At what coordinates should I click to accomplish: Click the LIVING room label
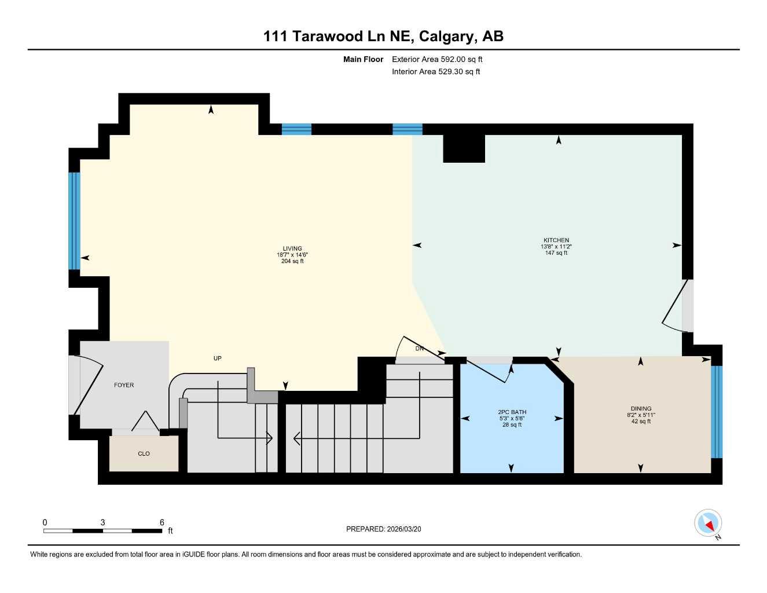pyautogui.click(x=292, y=248)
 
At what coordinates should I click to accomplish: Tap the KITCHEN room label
pyautogui.click(x=556, y=240)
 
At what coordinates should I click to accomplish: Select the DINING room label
pyautogui.click(x=641, y=408)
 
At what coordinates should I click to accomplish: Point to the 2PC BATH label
pyautogui.click(x=512, y=412)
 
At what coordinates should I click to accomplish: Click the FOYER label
pyautogui.click(x=124, y=385)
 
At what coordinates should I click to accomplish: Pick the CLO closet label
pyautogui.click(x=144, y=453)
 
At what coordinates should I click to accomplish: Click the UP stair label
pyautogui.click(x=218, y=358)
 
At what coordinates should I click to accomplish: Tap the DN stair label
pyautogui.click(x=420, y=349)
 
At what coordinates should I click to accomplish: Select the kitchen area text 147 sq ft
pyautogui.click(x=556, y=253)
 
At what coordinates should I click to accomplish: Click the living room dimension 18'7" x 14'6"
pyautogui.click(x=292, y=255)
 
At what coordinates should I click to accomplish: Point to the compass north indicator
pyautogui.click(x=708, y=523)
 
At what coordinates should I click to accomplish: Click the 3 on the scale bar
pyautogui.click(x=102, y=522)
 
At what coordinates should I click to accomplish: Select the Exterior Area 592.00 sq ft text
pyautogui.click(x=437, y=59)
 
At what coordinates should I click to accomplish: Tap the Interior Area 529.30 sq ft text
pyautogui.click(x=436, y=72)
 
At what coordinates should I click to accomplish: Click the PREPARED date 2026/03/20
pyautogui.click(x=387, y=529)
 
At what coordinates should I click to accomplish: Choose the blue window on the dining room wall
pyautogui.click(x=717, y=412)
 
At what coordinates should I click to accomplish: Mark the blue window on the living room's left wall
pyautogui.click(x=74, y=221)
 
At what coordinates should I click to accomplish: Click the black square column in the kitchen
pyautogui.click(x=464, y=149)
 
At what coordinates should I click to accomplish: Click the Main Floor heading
pyautogui.click(x=363, y=59)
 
